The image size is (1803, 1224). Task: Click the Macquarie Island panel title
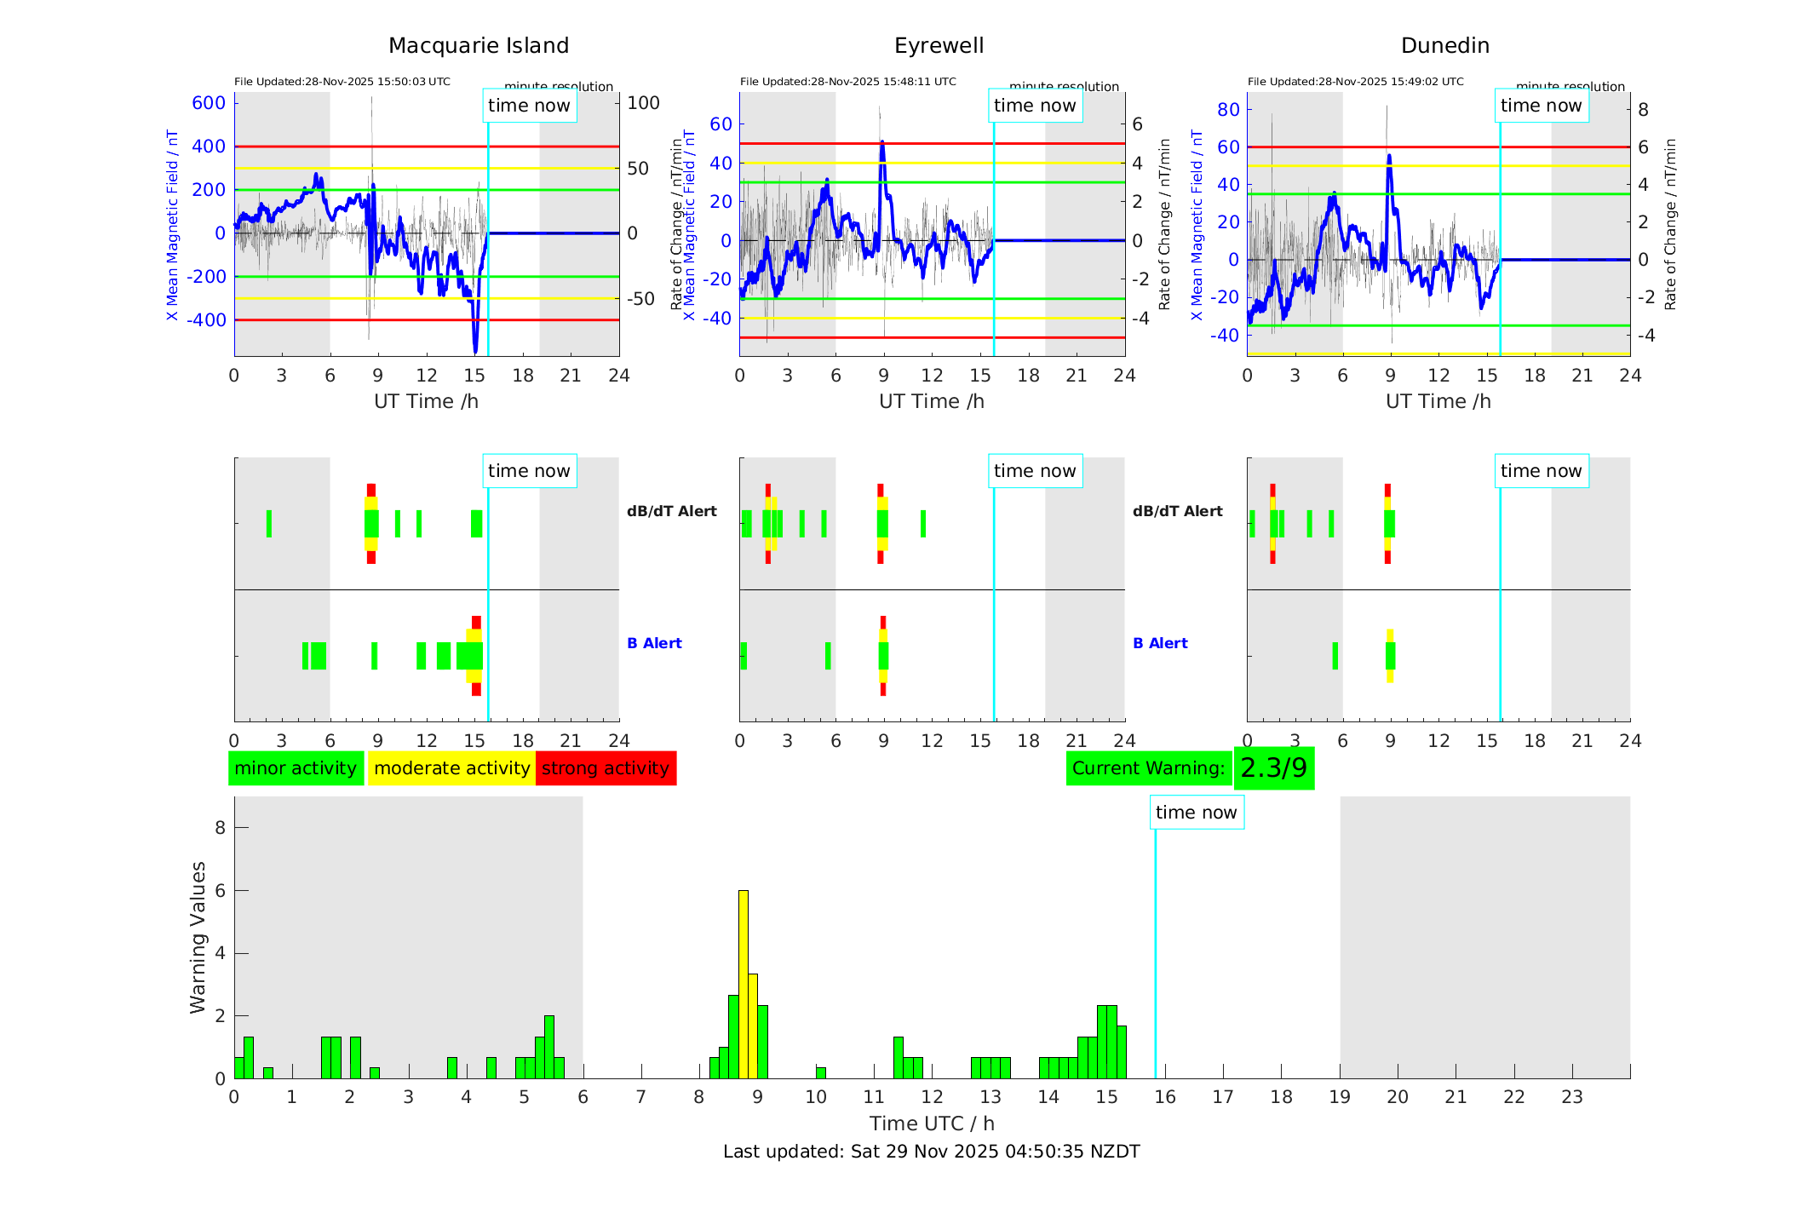pyautogui.click(x=479, y=46)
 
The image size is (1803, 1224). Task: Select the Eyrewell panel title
pyautogui.click(x=939, y=46)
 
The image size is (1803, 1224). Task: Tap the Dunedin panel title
pyautogui.click(x=1444, y=46)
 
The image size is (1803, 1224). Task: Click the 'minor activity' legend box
pyautogui.click(x=296, y=768)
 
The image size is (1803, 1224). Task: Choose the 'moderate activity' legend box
pyautogui.click(x=451, y=768)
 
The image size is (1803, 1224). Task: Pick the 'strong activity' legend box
pyautogui.click(x=606, y=768)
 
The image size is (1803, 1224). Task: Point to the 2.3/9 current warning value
pyautogui.click(x=1273, y=768)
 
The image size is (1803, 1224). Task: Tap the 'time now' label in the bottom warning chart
pyautogui.click(x=1196, y=813)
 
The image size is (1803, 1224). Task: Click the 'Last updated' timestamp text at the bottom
pyautogui.click(x=931, y=1152)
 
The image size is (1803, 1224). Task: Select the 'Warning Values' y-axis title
pyautogui.click(x=198, y=937)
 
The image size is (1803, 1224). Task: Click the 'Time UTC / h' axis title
pyautogui.click(x=932, y=1123)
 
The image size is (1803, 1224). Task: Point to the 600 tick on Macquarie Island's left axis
pyautogui.click(x=209, y=103)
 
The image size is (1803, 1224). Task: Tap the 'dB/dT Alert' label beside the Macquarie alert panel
pyautogui.click(x=671, y=511)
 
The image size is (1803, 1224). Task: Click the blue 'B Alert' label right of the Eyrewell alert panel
pyautogui.click(x=1160, y=643)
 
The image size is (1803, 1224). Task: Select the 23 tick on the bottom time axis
pyautogui.click(x=1571, y=1097)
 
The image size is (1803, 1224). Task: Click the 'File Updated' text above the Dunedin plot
pyautogui.click(x=1355, y=82)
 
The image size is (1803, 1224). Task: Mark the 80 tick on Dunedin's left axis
pyautogui.click(x=1228, y=109)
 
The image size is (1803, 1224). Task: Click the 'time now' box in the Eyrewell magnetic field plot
pyautogui.click(x=1035, y=106)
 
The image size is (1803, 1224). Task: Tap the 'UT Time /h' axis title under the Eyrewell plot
pyautogui.click(x=932, y=401)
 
